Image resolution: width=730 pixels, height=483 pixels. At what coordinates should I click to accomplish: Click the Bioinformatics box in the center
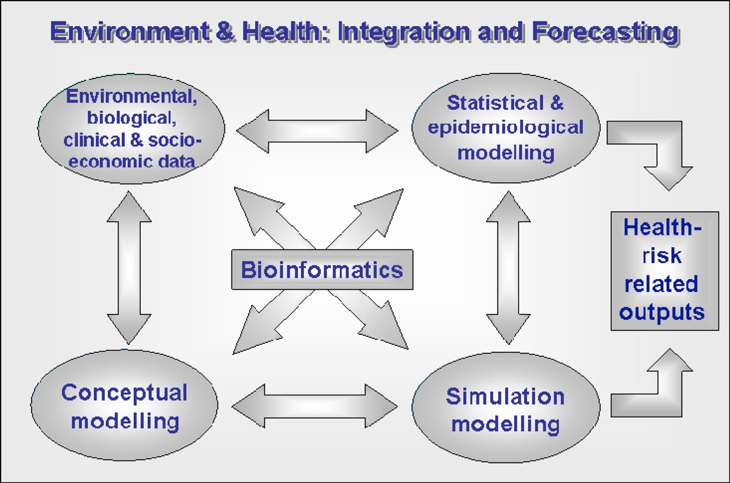tap(322, 269)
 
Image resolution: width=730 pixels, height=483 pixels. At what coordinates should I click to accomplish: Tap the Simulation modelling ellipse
tap(505, 409)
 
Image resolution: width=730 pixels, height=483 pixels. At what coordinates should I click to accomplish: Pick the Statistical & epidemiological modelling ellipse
tap(505, 128)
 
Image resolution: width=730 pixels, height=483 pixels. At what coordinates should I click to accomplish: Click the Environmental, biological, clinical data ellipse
tap(131, 128)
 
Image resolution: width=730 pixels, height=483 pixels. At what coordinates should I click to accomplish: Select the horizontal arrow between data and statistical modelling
tap(316, 130)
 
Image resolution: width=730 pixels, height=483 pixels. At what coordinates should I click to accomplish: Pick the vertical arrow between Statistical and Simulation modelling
tap(507, 268)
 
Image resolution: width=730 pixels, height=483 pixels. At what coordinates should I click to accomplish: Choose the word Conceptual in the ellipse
tap(124, 392)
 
